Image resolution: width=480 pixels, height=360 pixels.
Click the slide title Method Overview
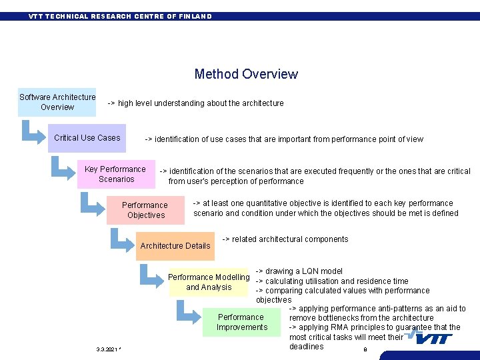pyautogui.click(x=246, y=74)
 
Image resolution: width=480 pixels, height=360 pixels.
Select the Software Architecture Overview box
pyautogui.click(x=57, y=102)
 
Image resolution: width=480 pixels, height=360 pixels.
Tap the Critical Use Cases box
pyautogui.click(x=87, y=138)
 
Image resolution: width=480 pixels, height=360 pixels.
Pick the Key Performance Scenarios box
pyautogui.click(x=115, y=174)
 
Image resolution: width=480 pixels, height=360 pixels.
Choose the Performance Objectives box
pyautogui.click(x=145, y=210)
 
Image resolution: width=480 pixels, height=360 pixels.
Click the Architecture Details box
pyautogui.click(x=175, y=245)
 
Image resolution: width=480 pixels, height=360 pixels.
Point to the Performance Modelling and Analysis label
pyautogui.click(x=209, y=282)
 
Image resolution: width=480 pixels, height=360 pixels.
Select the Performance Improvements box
pyautogui.click(x=241, y=322)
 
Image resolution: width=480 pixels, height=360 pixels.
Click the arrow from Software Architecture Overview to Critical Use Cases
pyautogui.click(x=33, y=131)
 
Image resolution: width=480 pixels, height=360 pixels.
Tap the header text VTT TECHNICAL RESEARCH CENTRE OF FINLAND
pyautogui.click(x=120, y=16)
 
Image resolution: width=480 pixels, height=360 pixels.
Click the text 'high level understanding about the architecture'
pyautogui.click(x=201, y=103)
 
